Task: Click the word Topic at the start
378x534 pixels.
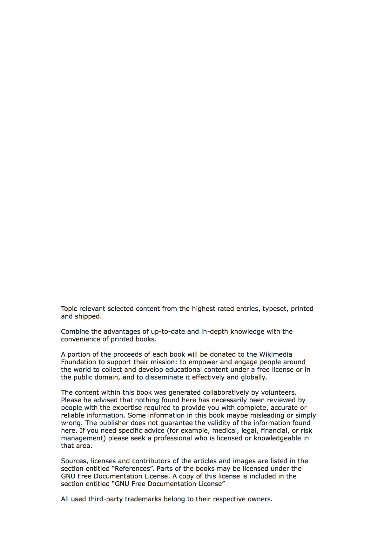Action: tap(69, 309)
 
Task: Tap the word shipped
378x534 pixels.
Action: tap(88, 316)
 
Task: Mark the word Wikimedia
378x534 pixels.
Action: tap(275, 354)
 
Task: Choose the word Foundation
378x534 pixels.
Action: tap(78, 362)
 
